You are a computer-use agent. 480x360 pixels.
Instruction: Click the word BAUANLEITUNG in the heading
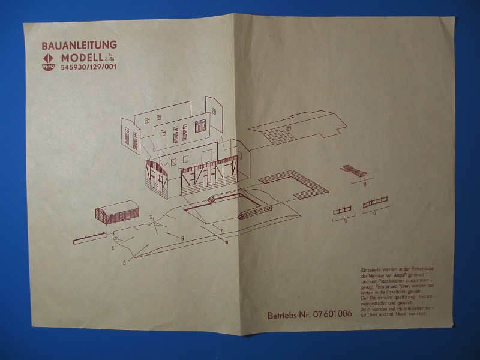pos(79,45)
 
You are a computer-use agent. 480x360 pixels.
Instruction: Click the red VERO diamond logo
pos(48,62)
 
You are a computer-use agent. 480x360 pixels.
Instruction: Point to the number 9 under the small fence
pos(346,221)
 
